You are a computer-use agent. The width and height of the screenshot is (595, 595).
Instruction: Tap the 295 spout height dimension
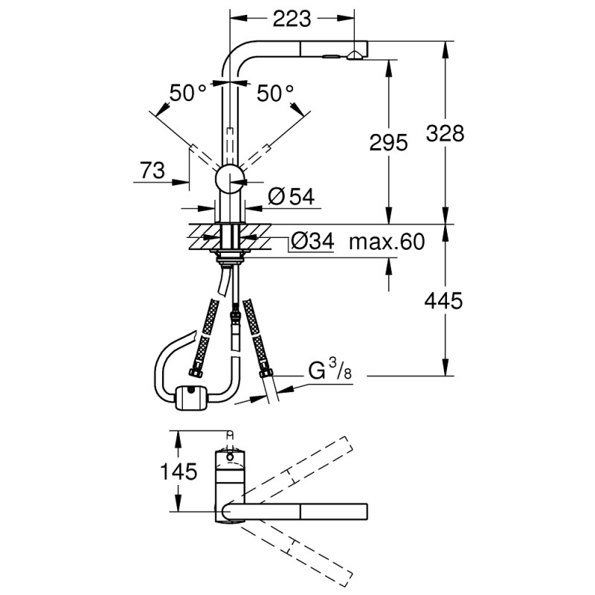point(388,143)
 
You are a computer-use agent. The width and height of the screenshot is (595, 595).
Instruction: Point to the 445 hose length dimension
point(445,300)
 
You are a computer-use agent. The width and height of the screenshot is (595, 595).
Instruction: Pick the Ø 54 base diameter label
point(291,196)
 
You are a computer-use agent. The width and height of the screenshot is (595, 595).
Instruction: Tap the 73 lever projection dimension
point(152,170)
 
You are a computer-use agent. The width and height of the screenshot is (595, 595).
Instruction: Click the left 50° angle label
point(187,93)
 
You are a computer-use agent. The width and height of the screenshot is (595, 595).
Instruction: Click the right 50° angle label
point(275,93)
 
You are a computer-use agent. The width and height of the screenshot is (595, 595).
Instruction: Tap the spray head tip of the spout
point(356,53)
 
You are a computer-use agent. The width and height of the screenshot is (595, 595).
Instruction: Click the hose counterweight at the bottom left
point(190,398)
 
